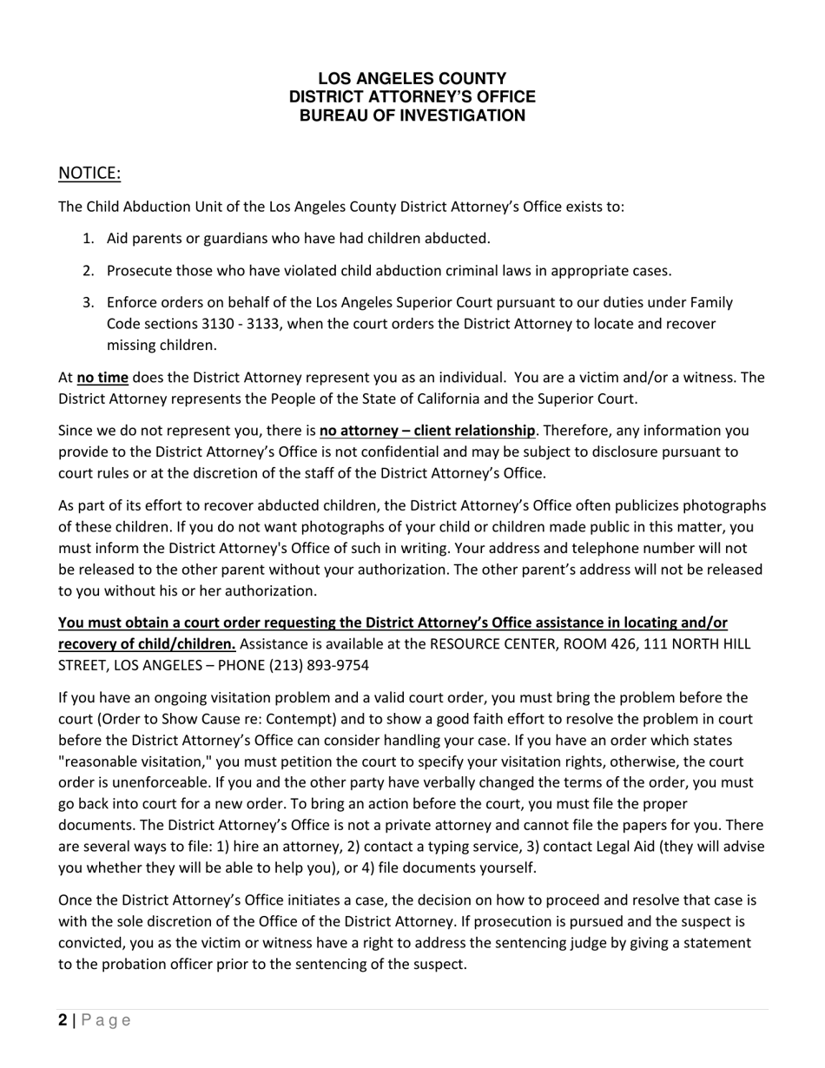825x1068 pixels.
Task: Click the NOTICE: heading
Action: (89, 174)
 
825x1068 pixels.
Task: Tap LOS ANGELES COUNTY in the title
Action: (412, 79)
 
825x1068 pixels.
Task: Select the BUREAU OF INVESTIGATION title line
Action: (412, 115)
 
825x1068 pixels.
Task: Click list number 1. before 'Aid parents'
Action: (88, 239)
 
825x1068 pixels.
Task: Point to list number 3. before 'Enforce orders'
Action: (88, 303)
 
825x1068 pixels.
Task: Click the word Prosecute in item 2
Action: (138, 271)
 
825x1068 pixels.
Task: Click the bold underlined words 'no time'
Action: (102, 378)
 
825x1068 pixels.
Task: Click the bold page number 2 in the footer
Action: (63, 1020)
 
